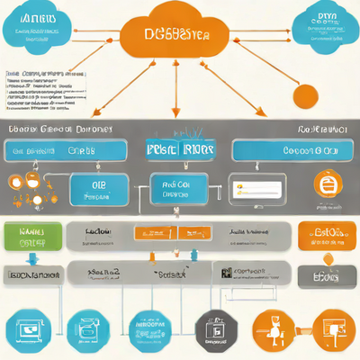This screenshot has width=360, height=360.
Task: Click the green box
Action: point(31,237)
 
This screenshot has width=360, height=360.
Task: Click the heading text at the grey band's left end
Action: point(58,130)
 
